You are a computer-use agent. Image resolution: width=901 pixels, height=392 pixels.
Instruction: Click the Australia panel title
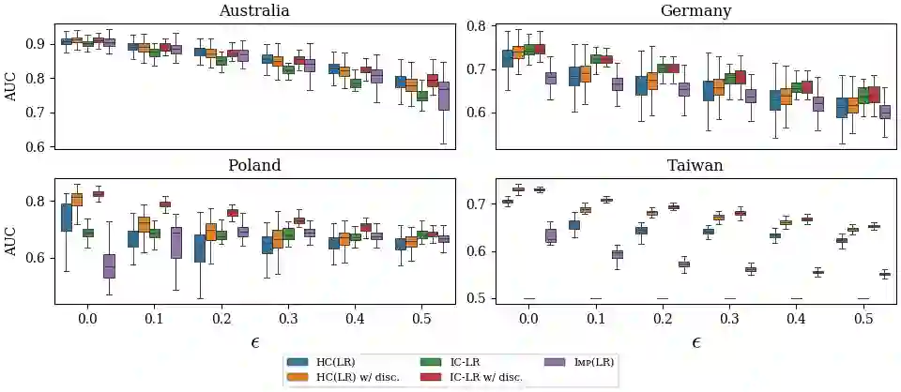click(x=253, y=11)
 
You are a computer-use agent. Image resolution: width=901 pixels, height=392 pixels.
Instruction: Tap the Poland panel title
click(x=253, y=165)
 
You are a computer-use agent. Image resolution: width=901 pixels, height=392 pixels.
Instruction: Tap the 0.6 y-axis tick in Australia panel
click(x=38, y=147)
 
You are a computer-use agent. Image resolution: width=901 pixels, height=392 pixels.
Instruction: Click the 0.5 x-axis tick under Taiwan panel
click(x=862, y=320)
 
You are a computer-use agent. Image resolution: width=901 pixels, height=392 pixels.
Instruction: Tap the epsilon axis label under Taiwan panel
click(x=695, y=342)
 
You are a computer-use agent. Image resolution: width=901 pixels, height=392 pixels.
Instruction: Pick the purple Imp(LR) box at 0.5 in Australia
click(x=444, y=96)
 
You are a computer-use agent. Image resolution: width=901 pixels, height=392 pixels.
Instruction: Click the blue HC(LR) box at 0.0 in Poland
click(x=66, y=218)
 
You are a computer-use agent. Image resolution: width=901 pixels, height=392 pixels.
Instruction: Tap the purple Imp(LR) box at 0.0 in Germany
click(x=551, y=78)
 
